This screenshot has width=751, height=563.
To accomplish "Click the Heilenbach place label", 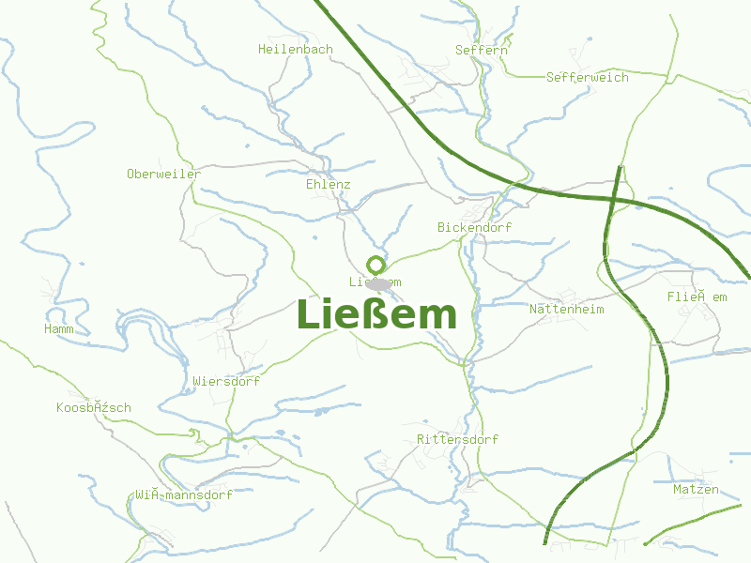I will click(x=295, y=49).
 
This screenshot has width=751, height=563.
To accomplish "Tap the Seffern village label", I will click(x=481, y=49).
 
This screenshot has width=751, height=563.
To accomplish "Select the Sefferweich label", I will click(x=587, y=77).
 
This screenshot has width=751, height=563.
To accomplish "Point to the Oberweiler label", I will click(x=163, y=174).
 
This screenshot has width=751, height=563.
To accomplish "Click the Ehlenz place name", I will click(x=328, y=184).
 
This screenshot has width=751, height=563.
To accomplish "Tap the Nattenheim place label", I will click(x=566, y=309).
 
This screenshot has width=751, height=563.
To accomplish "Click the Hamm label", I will click(x=58, y=328).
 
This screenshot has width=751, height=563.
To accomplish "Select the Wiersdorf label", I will click(x=225, y=382).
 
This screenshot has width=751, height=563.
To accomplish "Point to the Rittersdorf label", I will click(x=457, y=439).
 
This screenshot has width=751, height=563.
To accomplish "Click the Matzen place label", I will click(x=696, y=489).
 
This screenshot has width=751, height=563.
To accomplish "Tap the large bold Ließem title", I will click(x=376, y=314).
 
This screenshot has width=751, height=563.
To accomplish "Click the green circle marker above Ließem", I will click(x=375, y=265).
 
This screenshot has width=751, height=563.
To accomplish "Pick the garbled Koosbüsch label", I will click(x=93, y=407).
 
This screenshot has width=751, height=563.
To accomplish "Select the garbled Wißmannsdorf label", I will click(x=183, y=494).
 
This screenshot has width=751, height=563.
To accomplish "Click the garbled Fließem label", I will click(x=697, y=297).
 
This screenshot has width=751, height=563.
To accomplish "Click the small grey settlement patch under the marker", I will click(x=378, y=283).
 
